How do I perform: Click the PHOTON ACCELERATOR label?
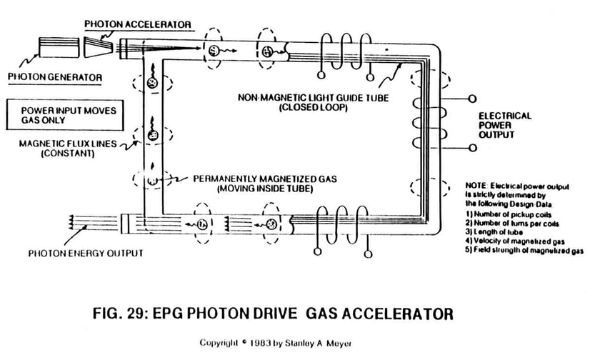[138, 24]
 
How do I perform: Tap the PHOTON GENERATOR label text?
[55, 77]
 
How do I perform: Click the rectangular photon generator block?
[59, 47]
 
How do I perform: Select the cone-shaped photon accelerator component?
[98, 47]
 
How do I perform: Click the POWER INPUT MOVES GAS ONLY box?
[65, 115]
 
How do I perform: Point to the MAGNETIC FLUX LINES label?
[68, 149]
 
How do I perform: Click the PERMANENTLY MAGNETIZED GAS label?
[265, 184]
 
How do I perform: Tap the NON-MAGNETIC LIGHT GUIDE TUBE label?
[313, 102]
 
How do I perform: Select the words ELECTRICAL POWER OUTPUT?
[505, 125]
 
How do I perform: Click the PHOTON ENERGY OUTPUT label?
[86, 253]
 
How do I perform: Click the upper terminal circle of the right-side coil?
[472, 99]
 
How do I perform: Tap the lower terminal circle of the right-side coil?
[473, 148]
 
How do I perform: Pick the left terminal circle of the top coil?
[321, 75]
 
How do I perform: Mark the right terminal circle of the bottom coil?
[369, 254]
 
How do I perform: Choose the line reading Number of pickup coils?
[509, 214]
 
